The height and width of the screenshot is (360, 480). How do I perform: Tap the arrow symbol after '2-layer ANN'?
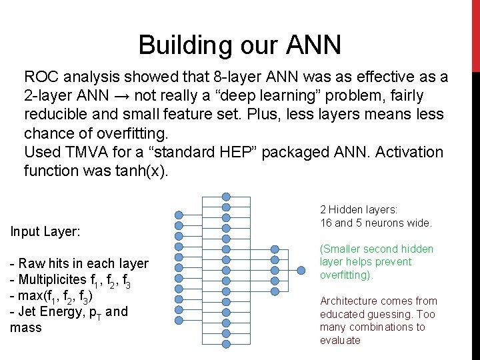point(119,96)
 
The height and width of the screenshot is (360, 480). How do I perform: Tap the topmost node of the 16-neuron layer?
point(226,197)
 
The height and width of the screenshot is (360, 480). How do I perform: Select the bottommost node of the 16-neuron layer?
point(226,343)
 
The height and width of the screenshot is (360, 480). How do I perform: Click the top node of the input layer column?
point(179,215)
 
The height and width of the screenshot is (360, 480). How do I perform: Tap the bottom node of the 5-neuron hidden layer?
point(275,281)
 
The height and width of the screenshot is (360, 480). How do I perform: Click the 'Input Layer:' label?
point(45,232)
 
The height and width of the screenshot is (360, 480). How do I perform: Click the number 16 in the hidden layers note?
point(327,222)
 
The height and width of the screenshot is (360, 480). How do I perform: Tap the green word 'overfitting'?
point(346,275)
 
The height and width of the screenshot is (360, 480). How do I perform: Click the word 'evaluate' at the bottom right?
point(340,340)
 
